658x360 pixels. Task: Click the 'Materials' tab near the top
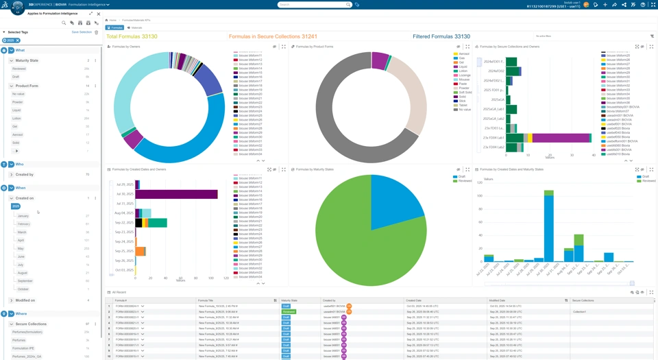click(135, 27)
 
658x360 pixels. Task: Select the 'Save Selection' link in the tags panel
click(82, 32)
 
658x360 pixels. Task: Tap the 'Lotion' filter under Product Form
click(16, 119)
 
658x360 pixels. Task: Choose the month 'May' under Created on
click(21, 248)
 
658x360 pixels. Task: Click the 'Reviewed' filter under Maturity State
click(19, 69)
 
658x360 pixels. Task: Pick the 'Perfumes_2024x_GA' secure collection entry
click(27, 357)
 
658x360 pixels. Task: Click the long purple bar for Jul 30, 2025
click(177, 195)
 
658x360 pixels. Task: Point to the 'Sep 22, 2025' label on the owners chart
click(124, 223)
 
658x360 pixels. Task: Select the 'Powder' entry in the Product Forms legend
click(464, 88)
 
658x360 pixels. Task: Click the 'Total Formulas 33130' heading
click(132, 36)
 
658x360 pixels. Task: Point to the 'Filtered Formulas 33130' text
click(441, 36)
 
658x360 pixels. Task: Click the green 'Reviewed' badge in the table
click(289, 312)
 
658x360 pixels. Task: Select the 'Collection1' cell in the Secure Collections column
click(580, 312)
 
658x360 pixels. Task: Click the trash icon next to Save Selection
click(97, 32)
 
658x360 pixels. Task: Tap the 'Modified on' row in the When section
click(25, 300)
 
